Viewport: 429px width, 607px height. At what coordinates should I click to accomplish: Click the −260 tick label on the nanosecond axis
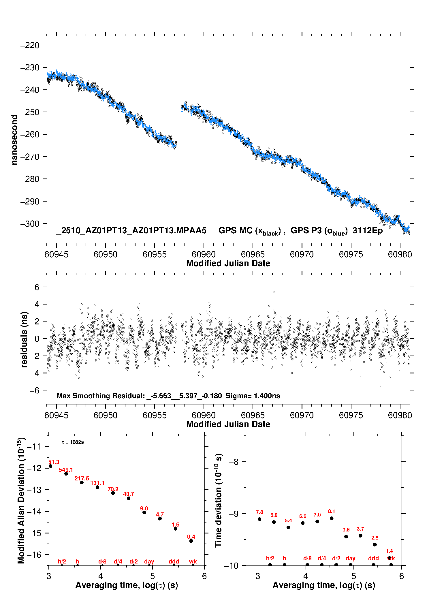29,134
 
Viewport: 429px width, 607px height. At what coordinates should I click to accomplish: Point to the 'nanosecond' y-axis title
14,140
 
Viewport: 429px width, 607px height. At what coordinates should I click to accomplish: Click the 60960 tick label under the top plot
204,254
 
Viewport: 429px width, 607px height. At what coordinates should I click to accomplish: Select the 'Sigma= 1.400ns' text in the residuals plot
253,396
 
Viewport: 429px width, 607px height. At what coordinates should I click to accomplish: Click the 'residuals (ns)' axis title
24,339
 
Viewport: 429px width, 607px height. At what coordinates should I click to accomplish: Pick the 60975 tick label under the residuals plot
351,415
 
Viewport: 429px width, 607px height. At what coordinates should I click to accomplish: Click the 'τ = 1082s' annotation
73,442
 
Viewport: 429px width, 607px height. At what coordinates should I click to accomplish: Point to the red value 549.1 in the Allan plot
66,470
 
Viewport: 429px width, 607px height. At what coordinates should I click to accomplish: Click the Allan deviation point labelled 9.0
144,512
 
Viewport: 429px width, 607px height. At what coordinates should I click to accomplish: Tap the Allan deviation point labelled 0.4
191,541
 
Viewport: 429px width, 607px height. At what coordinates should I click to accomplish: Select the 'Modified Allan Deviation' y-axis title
21,500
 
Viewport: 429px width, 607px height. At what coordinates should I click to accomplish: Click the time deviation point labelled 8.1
332,518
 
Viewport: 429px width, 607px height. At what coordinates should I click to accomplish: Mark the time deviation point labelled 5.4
288,527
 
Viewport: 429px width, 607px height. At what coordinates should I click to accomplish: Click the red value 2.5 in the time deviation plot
375,538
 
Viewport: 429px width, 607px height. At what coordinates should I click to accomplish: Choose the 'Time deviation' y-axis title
218,500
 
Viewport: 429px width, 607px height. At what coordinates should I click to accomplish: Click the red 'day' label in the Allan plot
149,561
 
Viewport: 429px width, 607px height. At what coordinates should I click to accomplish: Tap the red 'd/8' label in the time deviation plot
307,558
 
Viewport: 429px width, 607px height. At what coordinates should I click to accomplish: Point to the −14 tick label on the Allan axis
34,511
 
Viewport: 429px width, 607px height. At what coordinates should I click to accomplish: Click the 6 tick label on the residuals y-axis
37,287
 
